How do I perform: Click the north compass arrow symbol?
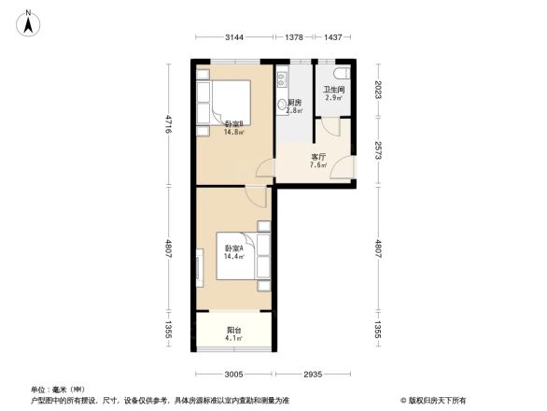[x=30, y=21]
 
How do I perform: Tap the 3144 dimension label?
[x=234, y=37]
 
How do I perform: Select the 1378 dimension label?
[x=295, y=37]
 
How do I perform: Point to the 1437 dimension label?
[x=332, y=37]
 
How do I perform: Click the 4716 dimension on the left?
[x=169, y=124]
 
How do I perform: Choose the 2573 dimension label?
[x=378, y=152]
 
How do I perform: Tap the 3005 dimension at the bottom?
[x=233, y=375]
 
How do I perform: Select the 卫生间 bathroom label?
[x=334, y=90]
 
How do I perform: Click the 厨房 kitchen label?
[x=293, y=102]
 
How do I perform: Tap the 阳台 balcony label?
[x=233, y=330]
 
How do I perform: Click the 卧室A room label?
[x=233, y=248]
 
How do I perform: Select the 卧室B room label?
[x=233, y=124]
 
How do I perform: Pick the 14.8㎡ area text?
[x=233, y=133]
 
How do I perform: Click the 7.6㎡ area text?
[x=317, y=167]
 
